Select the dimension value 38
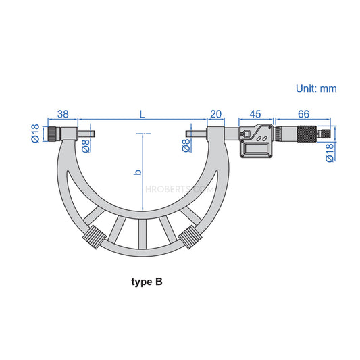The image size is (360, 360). (x=64, y=114)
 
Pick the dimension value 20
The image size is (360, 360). (x=216, y=114)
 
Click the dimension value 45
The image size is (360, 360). (x=256, y=114)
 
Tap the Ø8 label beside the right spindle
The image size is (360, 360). (x=186, y=146)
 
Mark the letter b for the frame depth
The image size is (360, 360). (x=138, y=173)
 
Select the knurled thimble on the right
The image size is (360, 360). (x=305, y=134)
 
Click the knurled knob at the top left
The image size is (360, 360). (x=52, y=134)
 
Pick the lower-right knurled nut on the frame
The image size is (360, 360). (x=190, y=238)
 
